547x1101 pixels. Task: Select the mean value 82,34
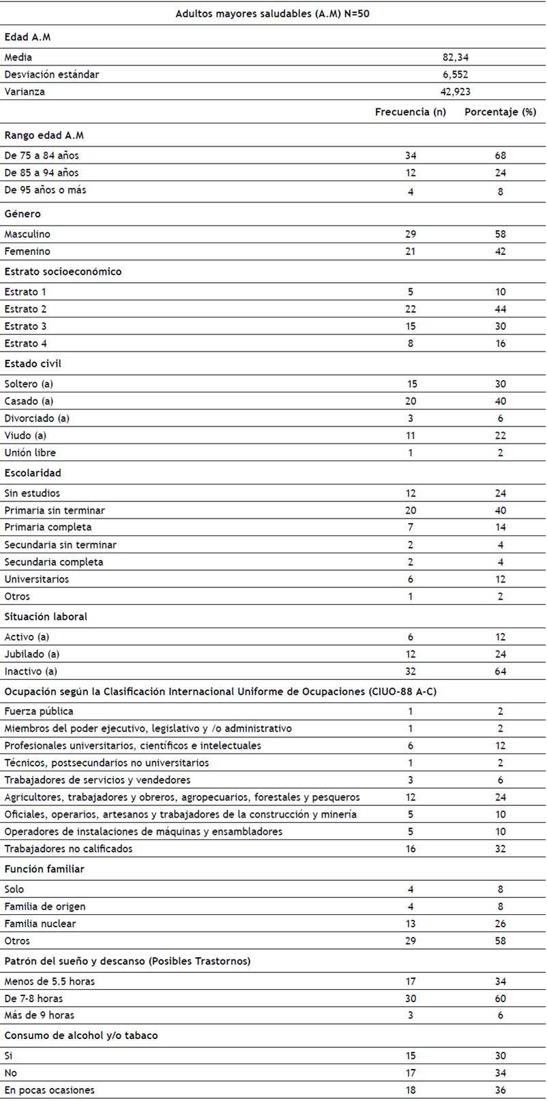coord(455,57)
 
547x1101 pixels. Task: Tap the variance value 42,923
coord(455,91)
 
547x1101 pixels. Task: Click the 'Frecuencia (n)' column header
coord(411,112)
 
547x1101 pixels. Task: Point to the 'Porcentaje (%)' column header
coord(500,112)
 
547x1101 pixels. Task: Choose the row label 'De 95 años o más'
coord(45,190)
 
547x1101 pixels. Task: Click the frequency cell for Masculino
coord(411,234)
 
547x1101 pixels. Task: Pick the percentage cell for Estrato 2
coord(501,309)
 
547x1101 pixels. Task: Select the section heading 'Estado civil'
coord(33,364)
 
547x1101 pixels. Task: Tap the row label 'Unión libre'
coord(30,452)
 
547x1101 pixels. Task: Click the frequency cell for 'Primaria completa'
coord(411,527)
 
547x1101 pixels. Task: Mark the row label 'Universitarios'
coord(37,579)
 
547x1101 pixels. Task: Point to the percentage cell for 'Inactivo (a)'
coord(501,671)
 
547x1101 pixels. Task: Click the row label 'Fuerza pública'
coord(39,711)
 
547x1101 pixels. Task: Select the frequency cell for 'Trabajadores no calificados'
coord(411,849)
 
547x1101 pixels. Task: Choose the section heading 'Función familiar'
coord(44,869)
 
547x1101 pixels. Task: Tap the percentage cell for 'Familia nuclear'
coord(501,924)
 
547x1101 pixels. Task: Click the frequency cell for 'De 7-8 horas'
coord(411,998)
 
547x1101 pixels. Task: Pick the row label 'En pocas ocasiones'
coord(49,1090)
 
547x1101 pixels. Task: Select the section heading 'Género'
coord(23,214)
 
